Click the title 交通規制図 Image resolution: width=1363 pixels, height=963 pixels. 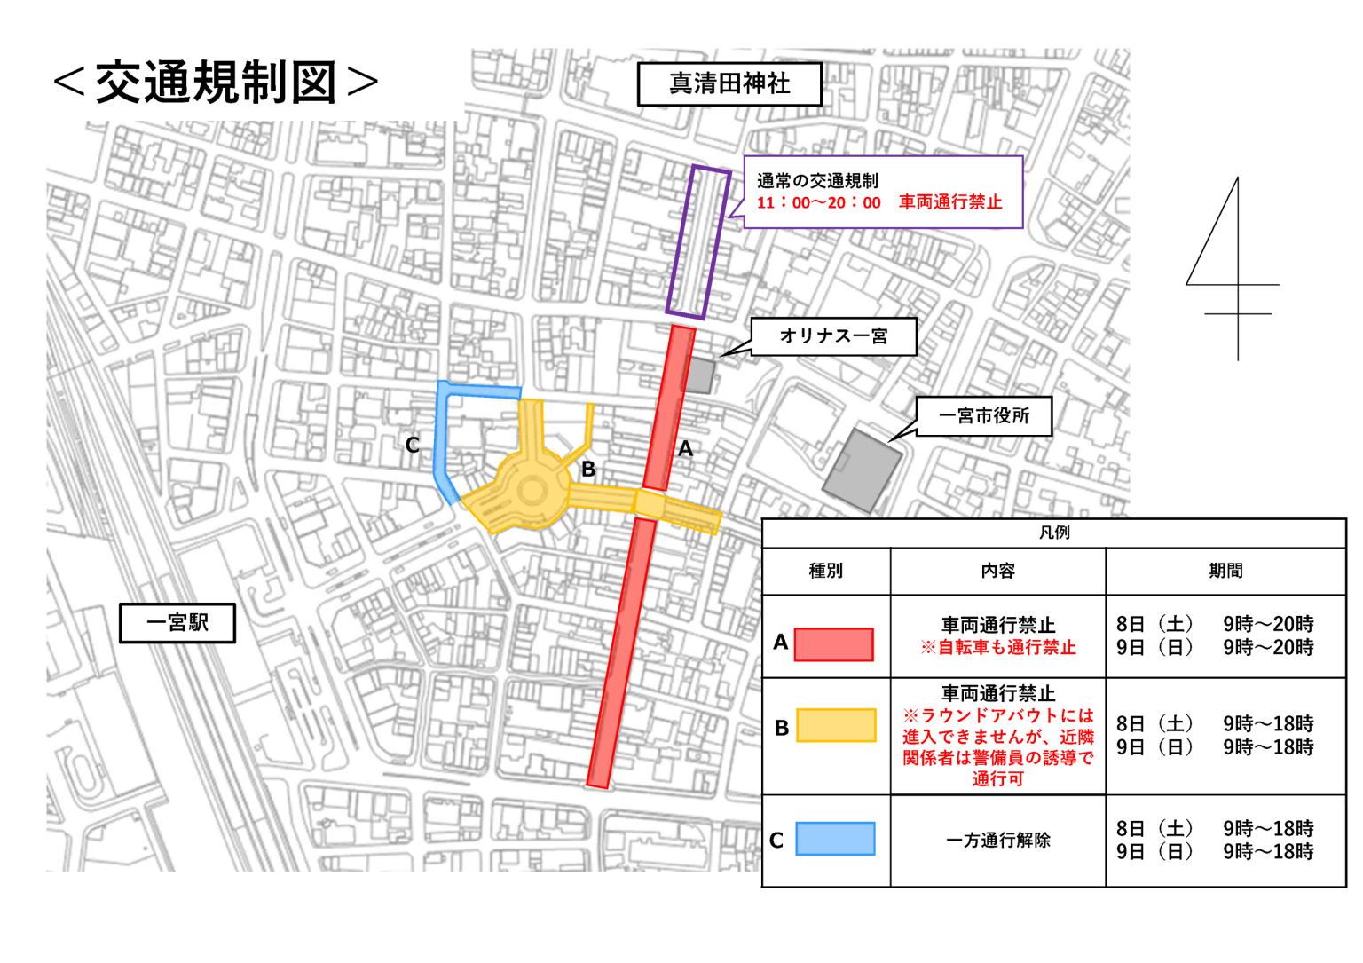click(216, 83)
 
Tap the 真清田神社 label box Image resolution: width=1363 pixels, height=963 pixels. click(729, 84)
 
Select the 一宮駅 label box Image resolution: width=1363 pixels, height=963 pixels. click(177, 623)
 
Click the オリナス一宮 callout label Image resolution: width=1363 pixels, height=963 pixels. click(833, 336)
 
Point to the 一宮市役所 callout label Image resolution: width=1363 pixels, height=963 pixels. click(983, 416)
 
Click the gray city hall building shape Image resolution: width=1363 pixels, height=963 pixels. click(862, 470)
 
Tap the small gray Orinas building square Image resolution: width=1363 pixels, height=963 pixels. click(699, 375)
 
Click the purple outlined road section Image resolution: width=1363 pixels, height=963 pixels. click(698, 241)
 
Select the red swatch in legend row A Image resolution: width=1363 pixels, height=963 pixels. click(833, 644)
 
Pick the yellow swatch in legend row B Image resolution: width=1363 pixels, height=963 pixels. click(836, 725)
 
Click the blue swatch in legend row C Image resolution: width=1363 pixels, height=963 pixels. click(835, 839)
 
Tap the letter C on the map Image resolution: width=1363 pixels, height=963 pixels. click(413, 445)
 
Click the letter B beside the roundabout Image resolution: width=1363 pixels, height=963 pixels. click(588, 469)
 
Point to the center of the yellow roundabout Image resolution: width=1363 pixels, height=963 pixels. click(532, 489)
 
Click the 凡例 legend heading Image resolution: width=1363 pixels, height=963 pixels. click(1054, 533)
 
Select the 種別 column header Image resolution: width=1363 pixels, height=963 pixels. click(825, 571)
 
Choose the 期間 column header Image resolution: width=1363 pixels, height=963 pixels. click(1225, 571)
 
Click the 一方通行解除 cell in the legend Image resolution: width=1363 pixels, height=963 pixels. click(997, 840)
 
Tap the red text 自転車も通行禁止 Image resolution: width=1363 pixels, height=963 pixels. click(998, 648)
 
